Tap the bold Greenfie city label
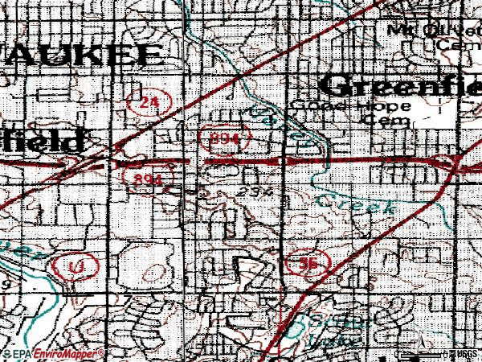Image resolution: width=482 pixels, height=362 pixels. tap(402, 84)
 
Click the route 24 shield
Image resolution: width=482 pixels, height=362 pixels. tap(145, 101)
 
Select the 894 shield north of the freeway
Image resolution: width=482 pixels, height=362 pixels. tap(222, 138)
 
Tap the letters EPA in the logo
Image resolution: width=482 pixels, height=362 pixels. tap(22, 353)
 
